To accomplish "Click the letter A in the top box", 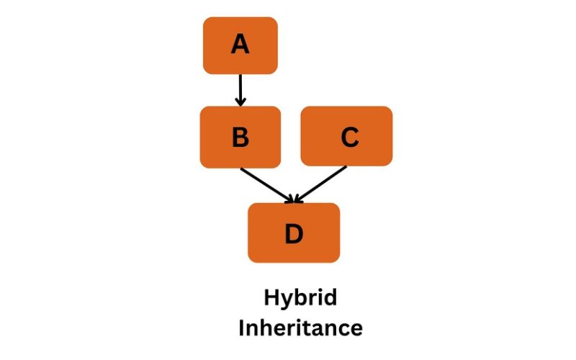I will [240, 45].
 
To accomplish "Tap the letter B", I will [240, 137].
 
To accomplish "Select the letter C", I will [349, 137].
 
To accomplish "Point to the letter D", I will [294, 233].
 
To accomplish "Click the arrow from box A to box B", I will [240, 89].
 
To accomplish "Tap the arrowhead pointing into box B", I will [240, 102].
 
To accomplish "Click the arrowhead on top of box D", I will [294, 198].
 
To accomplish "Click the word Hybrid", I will [300, 298].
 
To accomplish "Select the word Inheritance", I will [300, 328].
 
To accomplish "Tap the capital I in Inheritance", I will [242, 328].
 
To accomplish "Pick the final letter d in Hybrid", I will [330, 297].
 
